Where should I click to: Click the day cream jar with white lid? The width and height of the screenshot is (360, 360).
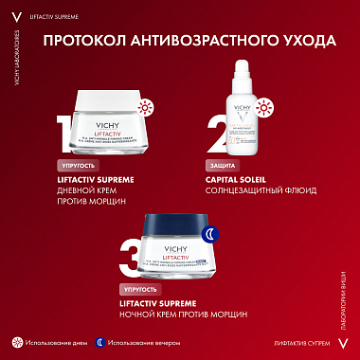[x=106, y=118]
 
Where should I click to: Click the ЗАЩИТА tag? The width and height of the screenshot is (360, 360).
[x=221, y=165]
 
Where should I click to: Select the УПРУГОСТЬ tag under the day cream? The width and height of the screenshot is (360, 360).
[x=79, y=165]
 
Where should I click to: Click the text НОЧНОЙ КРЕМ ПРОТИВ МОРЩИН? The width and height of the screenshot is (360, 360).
[x=184, y=314]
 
